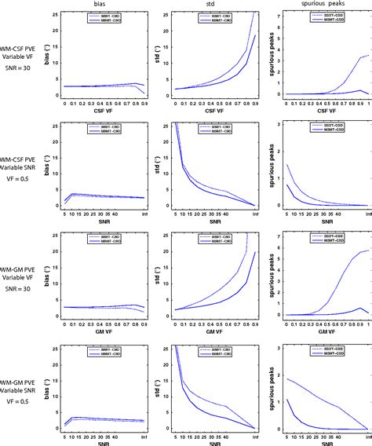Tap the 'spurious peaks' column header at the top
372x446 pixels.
(323, 5)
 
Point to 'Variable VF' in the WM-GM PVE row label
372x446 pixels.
(25, 280)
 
